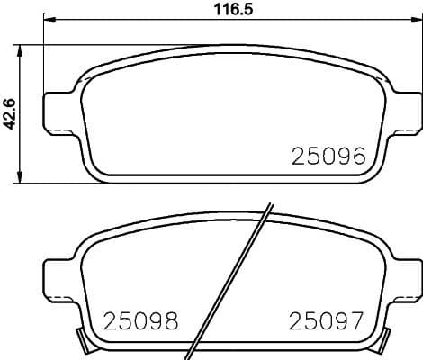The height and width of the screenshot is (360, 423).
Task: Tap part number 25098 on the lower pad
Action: point(141,319)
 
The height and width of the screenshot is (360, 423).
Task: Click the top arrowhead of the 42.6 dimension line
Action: point(22,46)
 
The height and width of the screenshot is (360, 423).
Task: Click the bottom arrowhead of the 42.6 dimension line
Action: point(22,179)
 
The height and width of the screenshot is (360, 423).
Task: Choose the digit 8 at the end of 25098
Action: point(170,319)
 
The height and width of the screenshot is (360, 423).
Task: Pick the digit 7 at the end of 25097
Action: point(356,319)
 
